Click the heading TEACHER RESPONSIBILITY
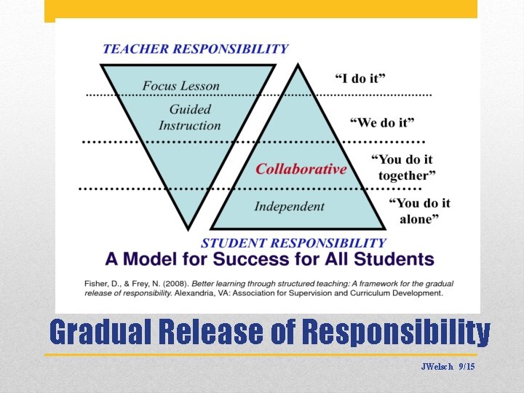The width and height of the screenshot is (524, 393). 195,49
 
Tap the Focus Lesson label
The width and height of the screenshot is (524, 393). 180,86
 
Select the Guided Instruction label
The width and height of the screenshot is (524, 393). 189,117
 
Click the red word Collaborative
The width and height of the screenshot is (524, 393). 301,169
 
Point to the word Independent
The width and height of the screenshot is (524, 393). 289,207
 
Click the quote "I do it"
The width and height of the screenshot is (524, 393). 360,78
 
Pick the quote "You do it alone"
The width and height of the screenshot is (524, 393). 421,211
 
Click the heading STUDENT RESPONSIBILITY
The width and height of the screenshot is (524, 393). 293,242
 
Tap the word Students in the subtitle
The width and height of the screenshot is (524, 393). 398,259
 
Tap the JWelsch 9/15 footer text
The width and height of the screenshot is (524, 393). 448,367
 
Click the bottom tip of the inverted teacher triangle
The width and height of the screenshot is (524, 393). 188,229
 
